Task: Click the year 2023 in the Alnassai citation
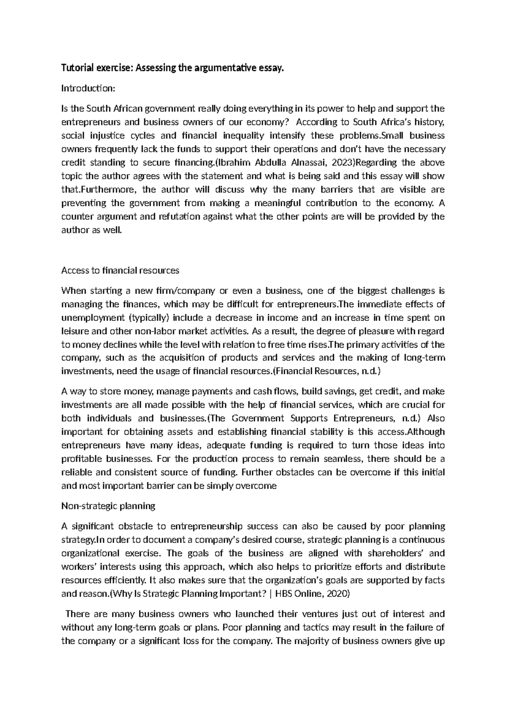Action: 337,163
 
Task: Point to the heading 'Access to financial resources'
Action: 120,270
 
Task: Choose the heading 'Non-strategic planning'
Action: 109,506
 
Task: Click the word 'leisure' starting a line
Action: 74,331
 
